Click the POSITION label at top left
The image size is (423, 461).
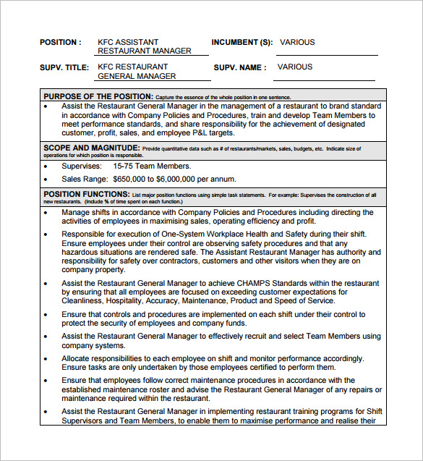pos(60,42)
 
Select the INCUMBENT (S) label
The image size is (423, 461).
pos(242,42)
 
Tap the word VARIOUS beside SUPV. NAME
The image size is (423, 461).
pos(295,67)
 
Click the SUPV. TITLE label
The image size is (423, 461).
pos(64,67)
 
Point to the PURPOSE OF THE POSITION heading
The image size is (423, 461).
pos(98,96)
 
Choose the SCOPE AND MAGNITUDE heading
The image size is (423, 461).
pos(92,148)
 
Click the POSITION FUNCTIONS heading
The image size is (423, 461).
pos(86,195)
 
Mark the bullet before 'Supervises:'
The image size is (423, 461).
pos(46,166)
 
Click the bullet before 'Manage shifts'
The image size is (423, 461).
pos(46,213)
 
